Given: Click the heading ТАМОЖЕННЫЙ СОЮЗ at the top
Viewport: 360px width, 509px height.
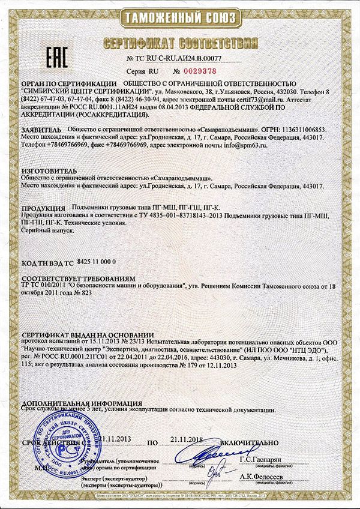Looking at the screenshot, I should [x=179, y=16].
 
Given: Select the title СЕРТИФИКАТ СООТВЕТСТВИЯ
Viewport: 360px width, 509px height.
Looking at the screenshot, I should [x=180, y=43].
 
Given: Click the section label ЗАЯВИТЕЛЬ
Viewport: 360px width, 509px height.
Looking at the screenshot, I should [x=41, y=129].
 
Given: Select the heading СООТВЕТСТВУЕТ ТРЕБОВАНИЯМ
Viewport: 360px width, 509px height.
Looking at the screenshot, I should [x=77, y=279].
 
